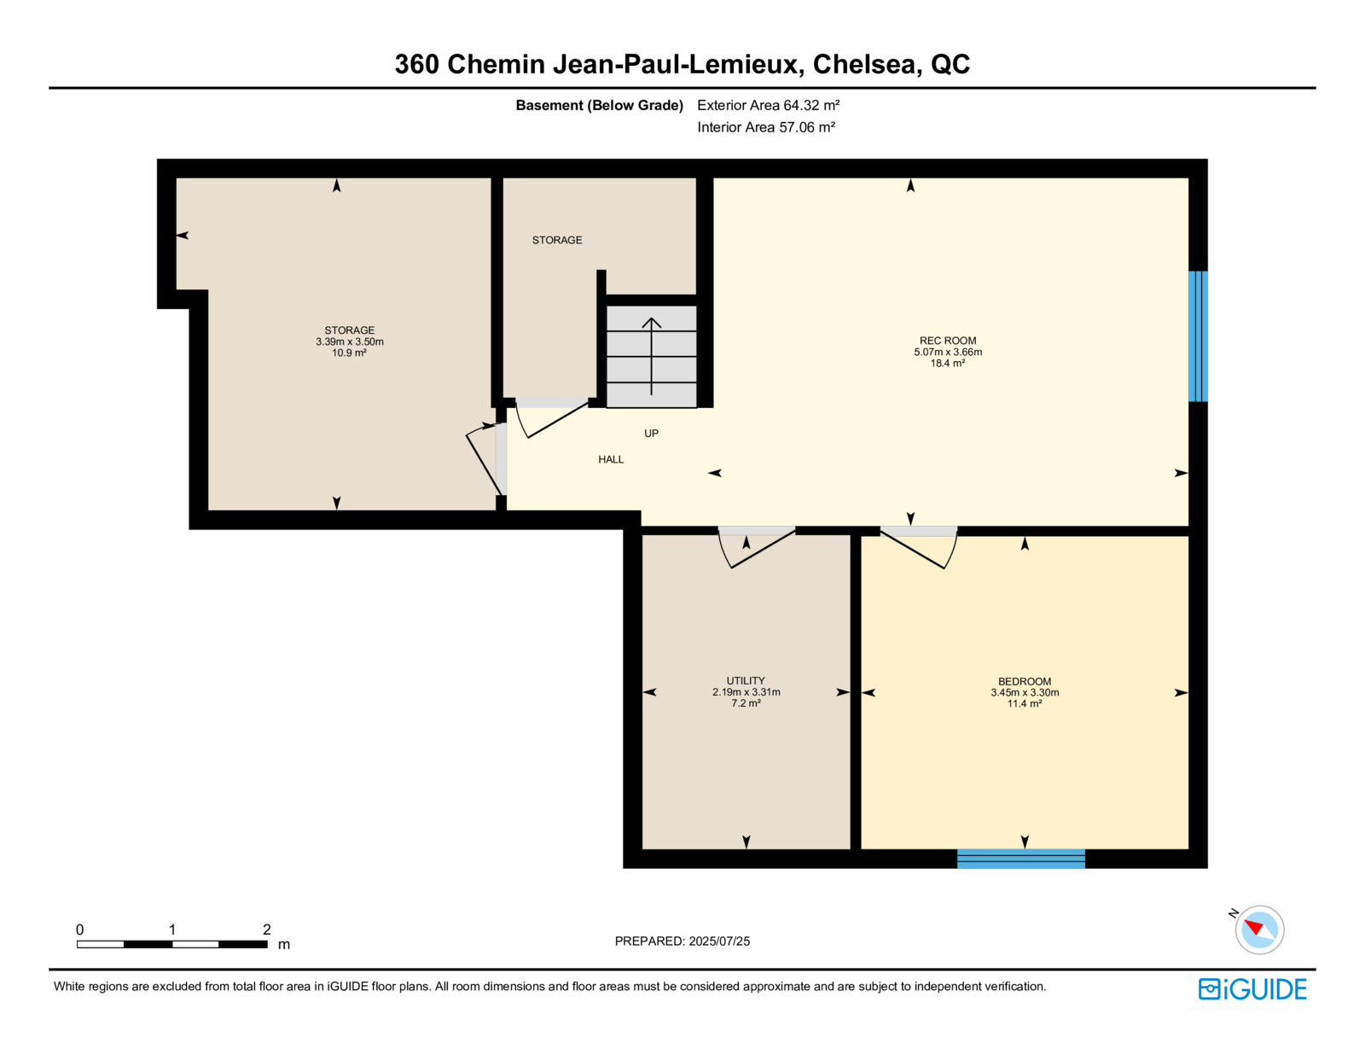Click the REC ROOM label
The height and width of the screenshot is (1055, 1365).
coord(947,341)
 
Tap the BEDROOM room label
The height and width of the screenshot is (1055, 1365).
coord(1024,681)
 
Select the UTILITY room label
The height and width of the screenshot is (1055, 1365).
coord(746,680)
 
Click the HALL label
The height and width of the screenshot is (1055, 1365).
coord(611,459)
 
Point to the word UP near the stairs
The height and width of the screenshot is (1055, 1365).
coord(651,433)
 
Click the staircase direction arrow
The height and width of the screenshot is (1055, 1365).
coord(652,356)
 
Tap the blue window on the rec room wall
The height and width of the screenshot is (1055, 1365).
coord(1197,336)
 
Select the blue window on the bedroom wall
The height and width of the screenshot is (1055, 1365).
coord(1021,859)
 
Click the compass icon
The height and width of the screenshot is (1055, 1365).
coord(1259,930)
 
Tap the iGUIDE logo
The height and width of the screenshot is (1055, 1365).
coord(1252,989)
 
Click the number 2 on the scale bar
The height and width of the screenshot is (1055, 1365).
coord(266,930)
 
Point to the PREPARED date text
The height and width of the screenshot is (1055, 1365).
coord(682,941)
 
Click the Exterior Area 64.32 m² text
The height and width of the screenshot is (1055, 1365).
coord(769,105)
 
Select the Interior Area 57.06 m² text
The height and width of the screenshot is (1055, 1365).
coord(766,127)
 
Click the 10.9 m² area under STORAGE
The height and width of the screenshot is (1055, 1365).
coord(349,353)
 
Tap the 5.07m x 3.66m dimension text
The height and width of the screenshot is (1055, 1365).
coord(947,352)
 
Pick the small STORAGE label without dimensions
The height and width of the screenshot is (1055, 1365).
coord(556,240)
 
